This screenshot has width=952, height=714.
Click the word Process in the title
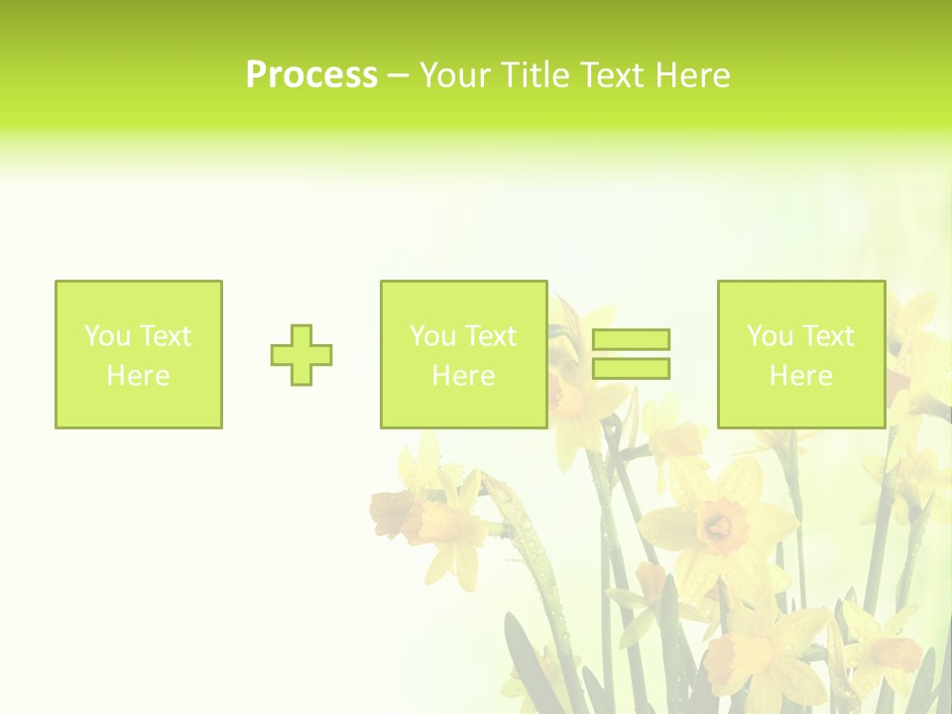tap(311, 75)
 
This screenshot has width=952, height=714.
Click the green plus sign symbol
tap(301, 355)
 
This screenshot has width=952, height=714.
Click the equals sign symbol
tap(632, 354)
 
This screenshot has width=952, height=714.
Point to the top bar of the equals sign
tap(632, 339)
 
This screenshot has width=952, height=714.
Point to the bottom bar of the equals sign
tap(632, 369)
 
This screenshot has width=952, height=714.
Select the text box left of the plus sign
tap(139, 354)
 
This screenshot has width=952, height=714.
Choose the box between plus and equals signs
tap(464, 354)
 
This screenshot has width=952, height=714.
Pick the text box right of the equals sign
tap(801, 354)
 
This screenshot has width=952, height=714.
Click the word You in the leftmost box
tap(107, 336)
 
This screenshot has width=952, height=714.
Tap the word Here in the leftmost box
tap(139, 376)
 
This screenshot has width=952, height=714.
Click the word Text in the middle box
tap(490, 336)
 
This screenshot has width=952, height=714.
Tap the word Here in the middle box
tap(464, 376)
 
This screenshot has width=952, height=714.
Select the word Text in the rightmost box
tap(827, 336)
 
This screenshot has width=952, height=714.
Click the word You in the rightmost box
tap(770, 336)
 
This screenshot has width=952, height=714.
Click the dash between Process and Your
tap(398, 75)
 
